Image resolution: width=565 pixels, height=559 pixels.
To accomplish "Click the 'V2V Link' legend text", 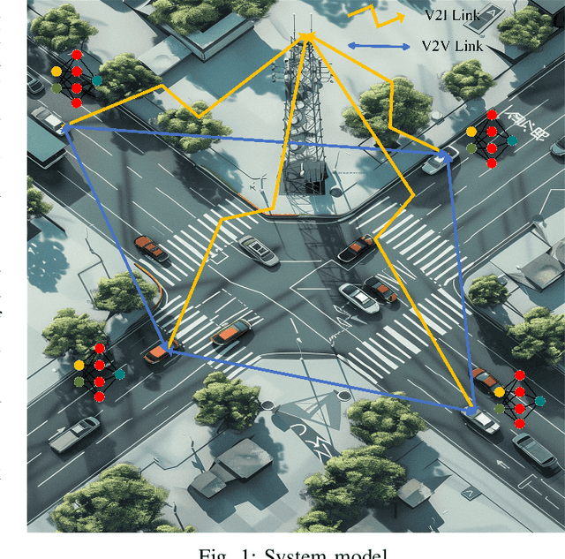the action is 451,46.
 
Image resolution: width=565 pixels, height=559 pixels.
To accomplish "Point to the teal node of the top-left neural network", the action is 97,79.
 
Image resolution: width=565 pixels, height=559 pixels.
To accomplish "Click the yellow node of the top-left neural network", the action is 56,70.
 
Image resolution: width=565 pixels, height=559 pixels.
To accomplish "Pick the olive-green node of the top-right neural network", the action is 472,148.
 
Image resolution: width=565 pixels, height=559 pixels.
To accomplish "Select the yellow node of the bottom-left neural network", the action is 79,364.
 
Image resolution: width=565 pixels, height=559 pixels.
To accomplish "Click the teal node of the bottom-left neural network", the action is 120,374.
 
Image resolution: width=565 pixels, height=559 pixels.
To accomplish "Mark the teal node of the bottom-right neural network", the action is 539,400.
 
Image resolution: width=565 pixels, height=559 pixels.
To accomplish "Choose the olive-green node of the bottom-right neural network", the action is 499,409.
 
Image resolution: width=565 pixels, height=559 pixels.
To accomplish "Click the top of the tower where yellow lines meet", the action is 307,35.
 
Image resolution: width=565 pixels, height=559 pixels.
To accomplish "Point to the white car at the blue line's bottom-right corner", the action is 482,416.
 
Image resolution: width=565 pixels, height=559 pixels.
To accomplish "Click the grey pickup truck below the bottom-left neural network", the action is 75,434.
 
